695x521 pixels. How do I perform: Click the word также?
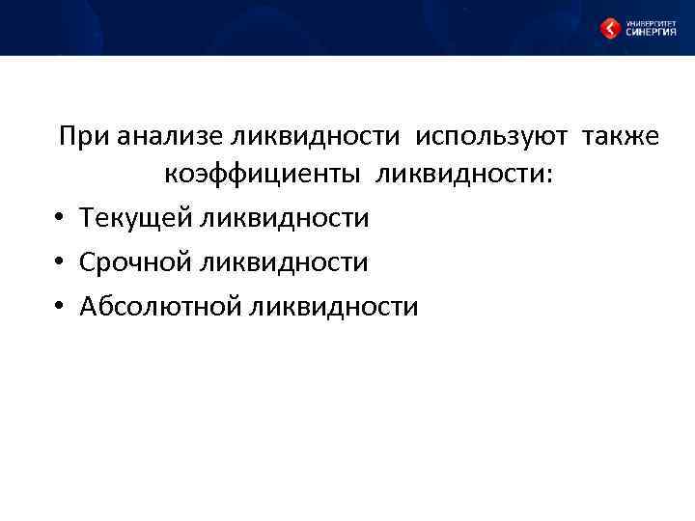point(621,136)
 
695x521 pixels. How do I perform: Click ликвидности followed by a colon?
point(459,177)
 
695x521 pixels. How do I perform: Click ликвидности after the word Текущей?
point(285,218)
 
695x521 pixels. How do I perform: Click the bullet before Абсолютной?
point(59,308)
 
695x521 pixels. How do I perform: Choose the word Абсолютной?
point(161,307)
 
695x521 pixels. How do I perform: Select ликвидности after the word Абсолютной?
point(334,307)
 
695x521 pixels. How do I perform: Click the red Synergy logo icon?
point(610,28)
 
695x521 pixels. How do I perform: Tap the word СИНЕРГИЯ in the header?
point(651,33)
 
